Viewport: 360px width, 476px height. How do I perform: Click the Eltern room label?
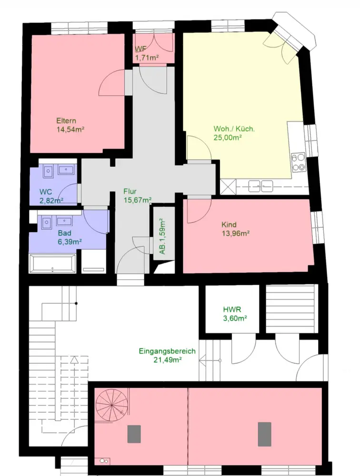pos(66,120)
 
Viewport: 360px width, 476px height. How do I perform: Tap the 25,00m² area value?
pos(228,138)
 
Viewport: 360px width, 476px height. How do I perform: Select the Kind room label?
pos(229,225)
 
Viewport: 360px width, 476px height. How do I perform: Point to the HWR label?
pos(232,310)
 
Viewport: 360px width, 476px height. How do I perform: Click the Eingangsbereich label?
pos(167,351)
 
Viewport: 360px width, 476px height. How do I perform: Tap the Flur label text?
pos(130,191)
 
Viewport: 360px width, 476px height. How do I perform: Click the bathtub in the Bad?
pos(52,264)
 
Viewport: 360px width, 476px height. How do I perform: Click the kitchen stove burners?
pos(298,162)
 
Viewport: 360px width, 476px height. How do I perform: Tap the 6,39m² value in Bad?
pos(70,242)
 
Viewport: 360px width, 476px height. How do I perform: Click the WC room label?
pos(46,192)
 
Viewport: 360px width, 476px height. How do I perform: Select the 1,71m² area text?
pos(147,58)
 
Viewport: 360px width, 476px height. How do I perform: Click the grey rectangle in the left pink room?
pos(134,434)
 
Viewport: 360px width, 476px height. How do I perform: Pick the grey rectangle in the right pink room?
pos(265,434)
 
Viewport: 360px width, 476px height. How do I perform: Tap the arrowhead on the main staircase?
pos(73,360)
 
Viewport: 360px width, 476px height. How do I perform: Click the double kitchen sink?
pos(260,186)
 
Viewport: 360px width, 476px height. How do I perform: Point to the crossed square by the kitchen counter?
pos(228,187)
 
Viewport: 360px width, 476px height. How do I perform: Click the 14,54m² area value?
pos(70,129)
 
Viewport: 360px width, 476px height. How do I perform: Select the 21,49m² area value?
pos(168,360)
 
